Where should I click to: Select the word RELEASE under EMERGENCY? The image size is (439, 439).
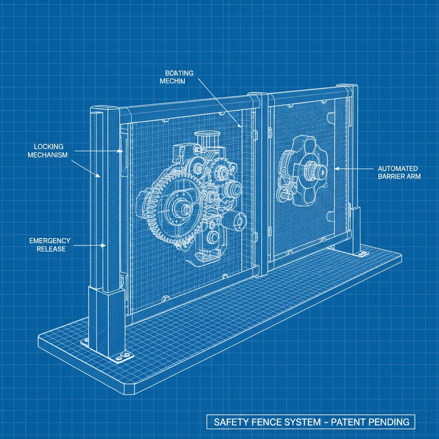pos(51,249)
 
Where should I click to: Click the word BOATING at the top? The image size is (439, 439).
pos(179,73)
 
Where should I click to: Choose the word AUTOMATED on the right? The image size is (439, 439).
pos(398,168)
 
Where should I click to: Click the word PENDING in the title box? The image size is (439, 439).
pos(391,422)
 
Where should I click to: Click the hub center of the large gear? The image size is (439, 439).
pos(185,209)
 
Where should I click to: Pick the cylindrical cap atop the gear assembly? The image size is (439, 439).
pos(207,137)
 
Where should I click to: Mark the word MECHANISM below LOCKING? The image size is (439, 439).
pos(47,155)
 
